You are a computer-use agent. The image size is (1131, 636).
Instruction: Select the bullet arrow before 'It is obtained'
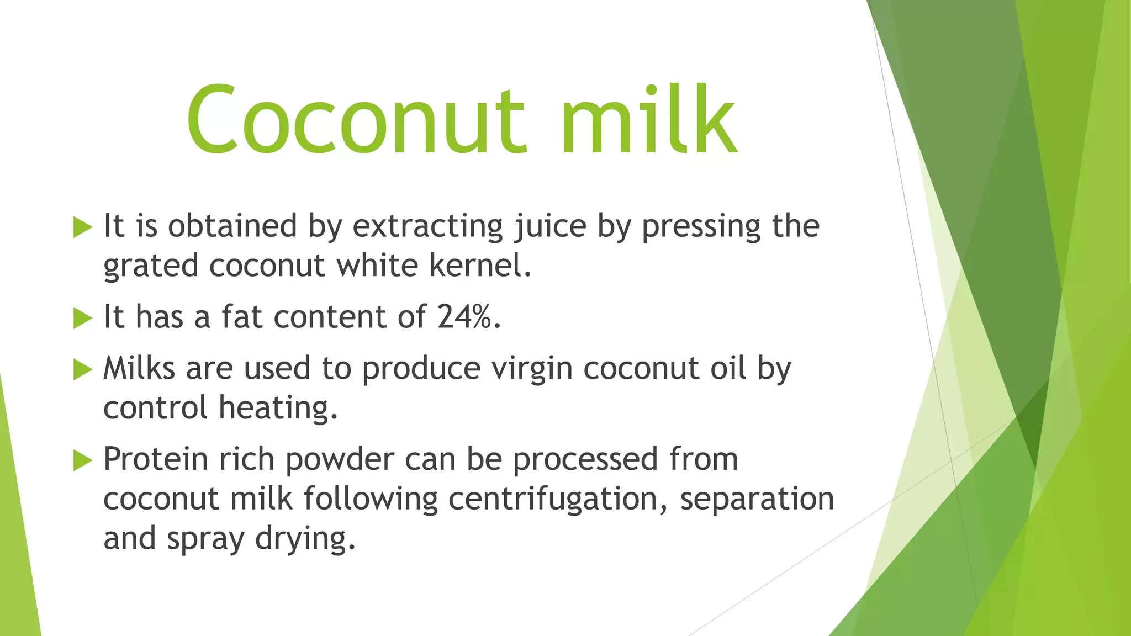coord(82,227)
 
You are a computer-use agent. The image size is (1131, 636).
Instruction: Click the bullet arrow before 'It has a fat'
coord(82,318)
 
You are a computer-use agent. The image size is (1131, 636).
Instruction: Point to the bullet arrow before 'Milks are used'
coord(82,369)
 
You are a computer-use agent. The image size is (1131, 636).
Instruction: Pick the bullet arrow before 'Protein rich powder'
coord(82,460)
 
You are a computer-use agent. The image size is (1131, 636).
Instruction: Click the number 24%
coord(469,317)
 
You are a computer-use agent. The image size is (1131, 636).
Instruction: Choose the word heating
coord(278,409)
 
